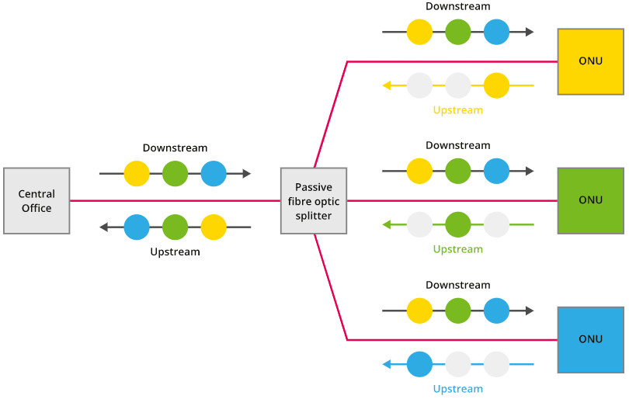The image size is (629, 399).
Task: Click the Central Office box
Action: [x=36, y=201]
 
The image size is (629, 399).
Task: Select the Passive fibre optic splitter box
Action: [x=314, y=201]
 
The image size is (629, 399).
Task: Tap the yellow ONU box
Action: [x=590, y=62]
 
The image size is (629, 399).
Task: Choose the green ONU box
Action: [x=590, y=201]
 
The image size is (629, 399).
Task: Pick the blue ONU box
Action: [x=590, y=340]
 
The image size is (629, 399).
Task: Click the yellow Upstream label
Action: [x=457, y=110]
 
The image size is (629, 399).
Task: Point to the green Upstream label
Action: [x=457, y=249]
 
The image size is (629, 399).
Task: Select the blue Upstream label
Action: [x=457, y=389]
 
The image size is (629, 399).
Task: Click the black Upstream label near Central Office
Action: [x=175, y=252]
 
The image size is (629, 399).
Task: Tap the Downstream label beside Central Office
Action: [x=175, y=147]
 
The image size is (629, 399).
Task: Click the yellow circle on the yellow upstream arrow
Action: [x=496, y=85]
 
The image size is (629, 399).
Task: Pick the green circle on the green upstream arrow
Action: [x=457, y=225]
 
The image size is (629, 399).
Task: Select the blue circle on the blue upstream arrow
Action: [x=419, y=364]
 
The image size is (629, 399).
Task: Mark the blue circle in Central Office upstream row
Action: [x=137, y=227]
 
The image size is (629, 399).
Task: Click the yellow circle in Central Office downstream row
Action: [x=137, y=174]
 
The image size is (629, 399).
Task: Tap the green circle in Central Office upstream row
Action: [x=175, y=227]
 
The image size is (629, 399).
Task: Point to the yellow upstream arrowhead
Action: [x=387, y=85]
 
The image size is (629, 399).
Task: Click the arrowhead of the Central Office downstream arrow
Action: [x=247, y=174]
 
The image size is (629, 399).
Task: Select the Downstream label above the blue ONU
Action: [x=457, y=285]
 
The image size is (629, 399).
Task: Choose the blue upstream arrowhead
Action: [x=387, y=364]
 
